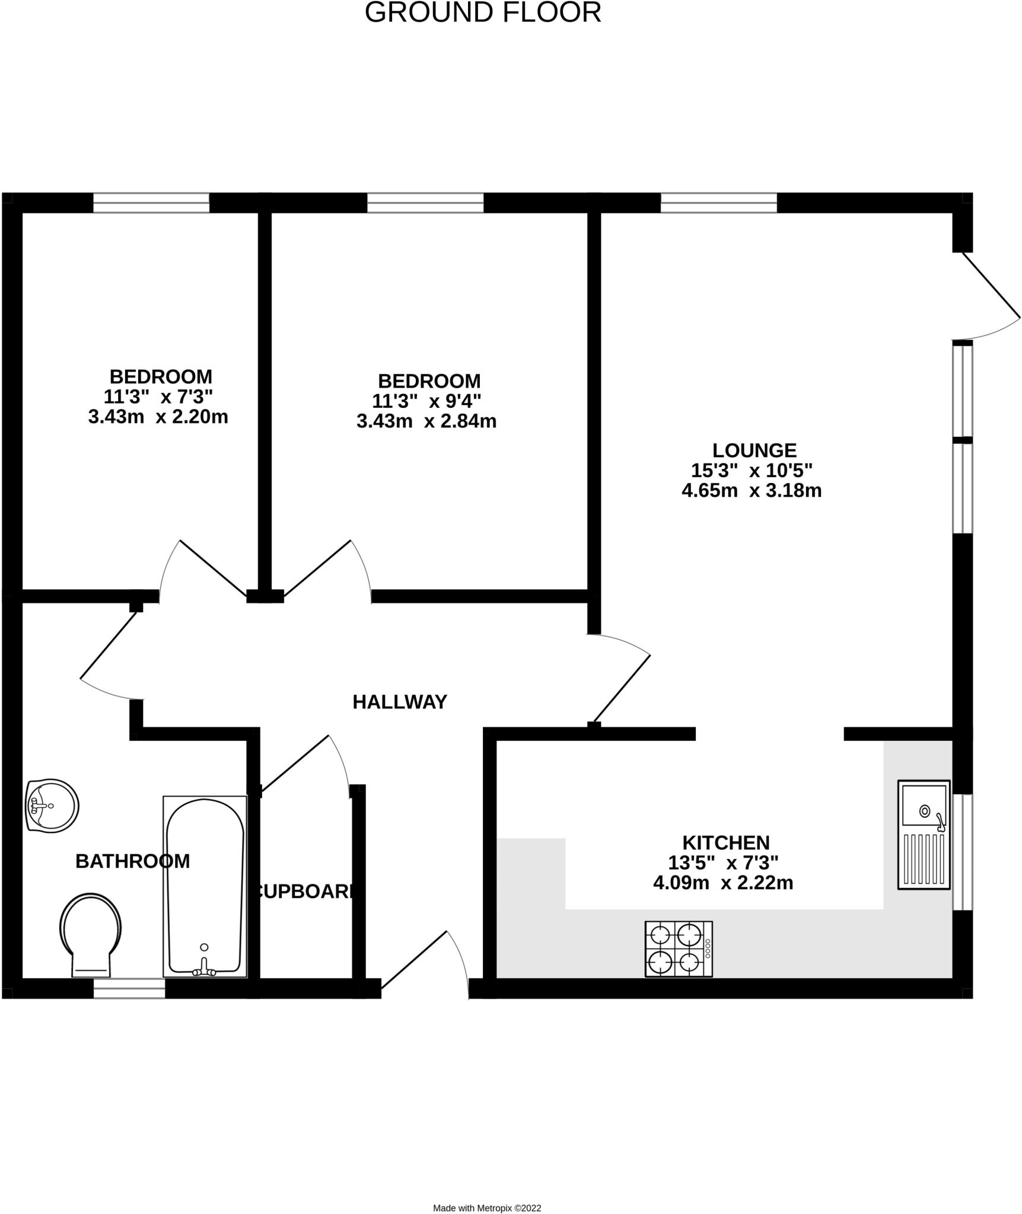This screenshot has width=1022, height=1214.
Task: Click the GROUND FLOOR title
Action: [483, 13]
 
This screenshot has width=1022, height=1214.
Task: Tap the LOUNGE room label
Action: [754, 450]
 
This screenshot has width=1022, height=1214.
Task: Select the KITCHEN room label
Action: [725, 842]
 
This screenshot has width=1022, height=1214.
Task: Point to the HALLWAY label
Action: [399, 702]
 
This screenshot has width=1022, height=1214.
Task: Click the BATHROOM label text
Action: [132, 861]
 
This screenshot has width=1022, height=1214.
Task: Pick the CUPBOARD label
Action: [305, 892]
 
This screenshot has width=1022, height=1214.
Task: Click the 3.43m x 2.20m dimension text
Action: [158, 417]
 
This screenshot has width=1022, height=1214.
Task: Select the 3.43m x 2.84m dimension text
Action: [426, 421]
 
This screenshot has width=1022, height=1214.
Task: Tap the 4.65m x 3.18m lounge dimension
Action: [751, 490]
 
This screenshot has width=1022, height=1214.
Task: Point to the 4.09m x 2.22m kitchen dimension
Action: [722, 883]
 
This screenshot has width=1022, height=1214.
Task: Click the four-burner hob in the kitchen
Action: [679, 949]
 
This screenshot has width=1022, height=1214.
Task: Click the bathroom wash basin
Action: [52, 806]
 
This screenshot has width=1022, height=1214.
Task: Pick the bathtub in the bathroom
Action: [205, 886]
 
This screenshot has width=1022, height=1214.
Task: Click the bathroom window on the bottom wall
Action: [129, 988]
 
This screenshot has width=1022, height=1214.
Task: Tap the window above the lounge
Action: [718, 203]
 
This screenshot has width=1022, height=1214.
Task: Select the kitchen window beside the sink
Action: [962, 852]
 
